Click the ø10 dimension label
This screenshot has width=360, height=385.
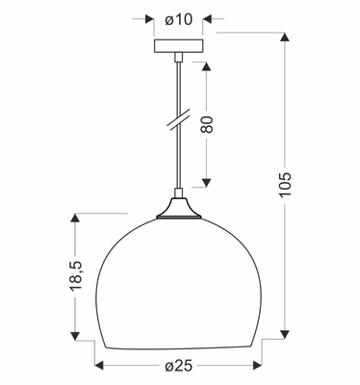tap(179, 18)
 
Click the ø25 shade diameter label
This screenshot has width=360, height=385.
tap(180, 368)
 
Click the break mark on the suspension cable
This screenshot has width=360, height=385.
tap(177, 123)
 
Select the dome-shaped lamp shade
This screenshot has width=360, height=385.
tap(177, 279)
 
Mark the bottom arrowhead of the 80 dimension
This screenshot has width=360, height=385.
tap(206, 183)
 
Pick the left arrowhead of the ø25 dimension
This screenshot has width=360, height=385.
tap(98, 367)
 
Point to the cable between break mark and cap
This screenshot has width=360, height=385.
tap(177, 164)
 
